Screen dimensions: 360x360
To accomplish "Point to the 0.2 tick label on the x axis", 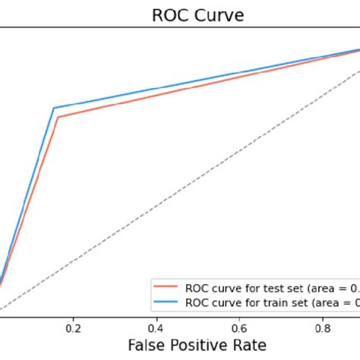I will click(74, 328).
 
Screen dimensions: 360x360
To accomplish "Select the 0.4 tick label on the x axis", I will click(157, 328).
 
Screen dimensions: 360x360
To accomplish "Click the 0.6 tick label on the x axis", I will click(241, 328).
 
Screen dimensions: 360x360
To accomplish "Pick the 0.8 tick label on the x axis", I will click(324, 328).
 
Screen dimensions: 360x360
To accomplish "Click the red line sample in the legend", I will click(166, 288).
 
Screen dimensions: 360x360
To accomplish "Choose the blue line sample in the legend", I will click(166, 302).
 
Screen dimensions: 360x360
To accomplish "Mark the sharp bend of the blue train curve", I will click(53, 108).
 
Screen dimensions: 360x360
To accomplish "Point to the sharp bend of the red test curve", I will click(57, 117).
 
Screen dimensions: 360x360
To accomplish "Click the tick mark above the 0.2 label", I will click(74, 318).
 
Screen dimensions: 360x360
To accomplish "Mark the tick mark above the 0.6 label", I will click(241, 318).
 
